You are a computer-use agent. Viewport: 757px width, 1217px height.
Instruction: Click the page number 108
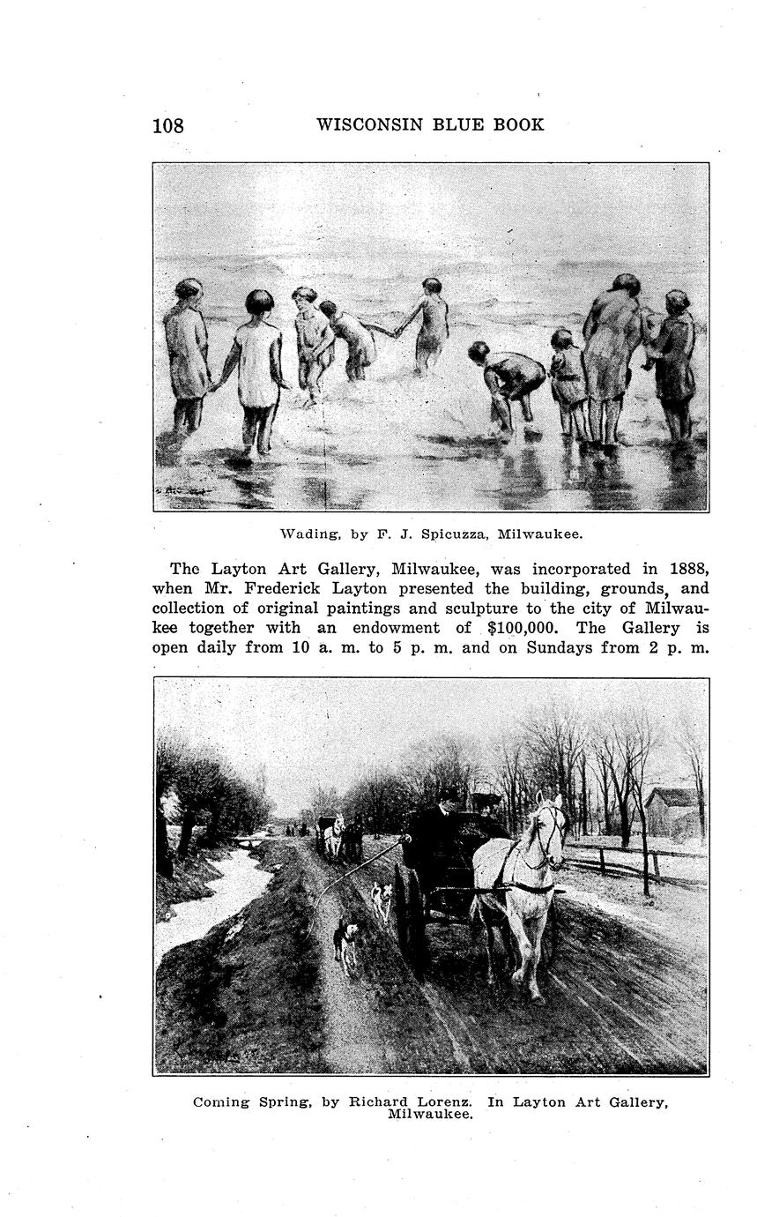(168, 126)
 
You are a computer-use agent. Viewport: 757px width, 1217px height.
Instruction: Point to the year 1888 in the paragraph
(688, 569)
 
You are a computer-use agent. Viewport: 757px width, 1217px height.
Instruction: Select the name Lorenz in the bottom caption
(443, 1101)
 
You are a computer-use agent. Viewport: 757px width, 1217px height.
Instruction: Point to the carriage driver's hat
(449, 795)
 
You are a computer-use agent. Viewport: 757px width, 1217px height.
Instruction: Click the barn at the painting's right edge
(673, 810)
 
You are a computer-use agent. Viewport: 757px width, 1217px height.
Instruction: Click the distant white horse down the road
(333, 837)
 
